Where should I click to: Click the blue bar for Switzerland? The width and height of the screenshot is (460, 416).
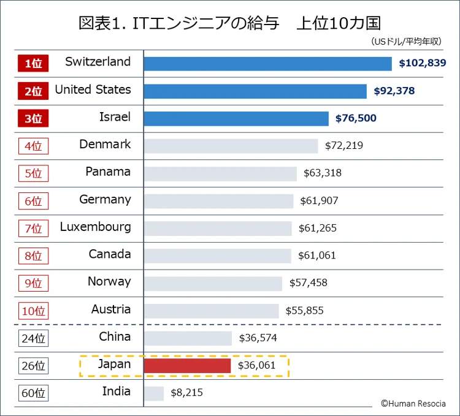tap(267, 64)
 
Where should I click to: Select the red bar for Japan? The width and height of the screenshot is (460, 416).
tap(187, 365)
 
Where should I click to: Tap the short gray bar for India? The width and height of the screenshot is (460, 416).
tap(154, 393)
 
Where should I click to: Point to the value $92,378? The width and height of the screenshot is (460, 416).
tap(394, 91)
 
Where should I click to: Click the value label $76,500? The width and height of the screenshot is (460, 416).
tap(356, 118)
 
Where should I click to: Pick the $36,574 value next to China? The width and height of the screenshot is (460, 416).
tap(258, 338)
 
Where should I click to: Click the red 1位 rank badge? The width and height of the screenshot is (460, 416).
tap(33, 63)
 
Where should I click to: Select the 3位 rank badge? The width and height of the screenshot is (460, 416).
tap(33, 118)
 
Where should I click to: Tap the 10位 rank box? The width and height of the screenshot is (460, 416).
tap(33, 311)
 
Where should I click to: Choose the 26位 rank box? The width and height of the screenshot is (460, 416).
tap(33, 366)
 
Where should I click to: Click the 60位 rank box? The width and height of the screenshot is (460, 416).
tap(33, 393)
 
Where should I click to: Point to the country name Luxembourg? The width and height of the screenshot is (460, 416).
tap(95, 227)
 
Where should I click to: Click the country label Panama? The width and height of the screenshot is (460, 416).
tap(108, 172)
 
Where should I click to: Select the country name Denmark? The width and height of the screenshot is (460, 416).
tap(105, 145)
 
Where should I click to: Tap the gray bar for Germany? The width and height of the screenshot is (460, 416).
tap(218, 201)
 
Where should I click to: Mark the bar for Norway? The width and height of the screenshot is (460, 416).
tap(213, 283)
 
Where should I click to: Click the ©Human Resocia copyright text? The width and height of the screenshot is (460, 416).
tap(413, 403)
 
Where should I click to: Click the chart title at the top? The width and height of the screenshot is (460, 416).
tap(230, 23)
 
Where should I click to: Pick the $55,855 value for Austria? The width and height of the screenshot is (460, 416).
tap(305, 311)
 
